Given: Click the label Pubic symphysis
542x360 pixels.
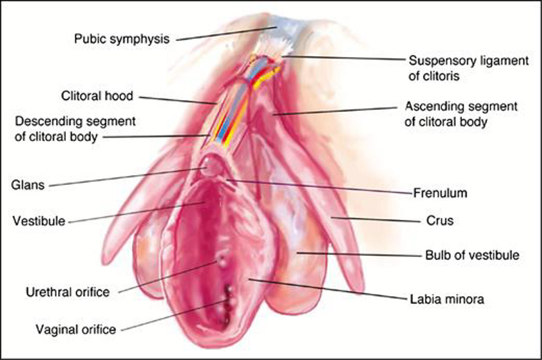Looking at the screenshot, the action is click(x=122, y=39).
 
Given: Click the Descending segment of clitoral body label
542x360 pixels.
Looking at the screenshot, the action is click(x=75, y=128).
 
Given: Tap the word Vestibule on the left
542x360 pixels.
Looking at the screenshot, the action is click(x=39, y=222).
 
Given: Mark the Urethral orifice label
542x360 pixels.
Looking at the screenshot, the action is click(x=67, y=292).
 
